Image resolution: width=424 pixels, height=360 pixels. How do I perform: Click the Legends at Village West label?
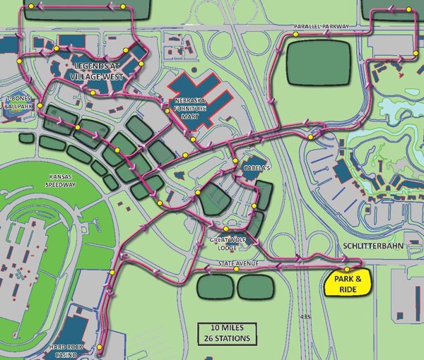tap(98, 71)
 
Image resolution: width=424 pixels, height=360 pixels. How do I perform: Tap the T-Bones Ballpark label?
tap(19, 103)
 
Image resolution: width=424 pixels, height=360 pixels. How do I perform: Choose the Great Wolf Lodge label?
tap(226, 244)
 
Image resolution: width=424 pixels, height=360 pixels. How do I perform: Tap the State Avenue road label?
tap(232, 264)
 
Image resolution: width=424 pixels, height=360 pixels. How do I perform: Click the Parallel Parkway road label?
tap(322, 27)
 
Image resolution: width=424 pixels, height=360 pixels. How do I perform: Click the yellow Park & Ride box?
tap(346, 284)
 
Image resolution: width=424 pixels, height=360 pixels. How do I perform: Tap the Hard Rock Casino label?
tap(68, 351)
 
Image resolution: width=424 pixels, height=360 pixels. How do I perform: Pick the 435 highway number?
tap(305, 316)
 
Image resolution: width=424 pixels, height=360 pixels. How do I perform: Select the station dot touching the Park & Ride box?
tap(347, 270)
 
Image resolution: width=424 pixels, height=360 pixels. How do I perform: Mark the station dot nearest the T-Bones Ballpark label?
tap(40, 106)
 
